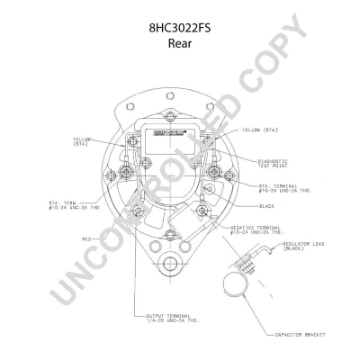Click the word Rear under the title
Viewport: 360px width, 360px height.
180,41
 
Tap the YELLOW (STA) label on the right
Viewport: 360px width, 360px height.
258,130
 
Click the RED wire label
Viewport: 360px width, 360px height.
86,239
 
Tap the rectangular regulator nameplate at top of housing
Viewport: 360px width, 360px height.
168,139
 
